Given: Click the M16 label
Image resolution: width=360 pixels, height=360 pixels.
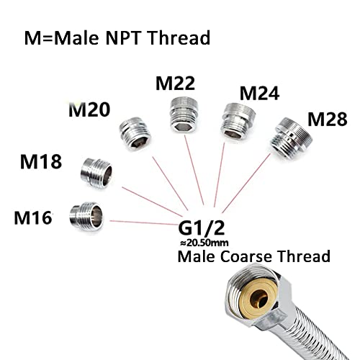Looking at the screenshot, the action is (33, 217).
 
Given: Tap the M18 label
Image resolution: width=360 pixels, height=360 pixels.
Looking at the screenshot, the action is (41, 161).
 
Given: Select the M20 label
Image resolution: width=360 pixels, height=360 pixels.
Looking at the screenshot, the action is (89, 109).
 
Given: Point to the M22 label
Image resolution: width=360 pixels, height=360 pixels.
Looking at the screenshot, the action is (175, 83).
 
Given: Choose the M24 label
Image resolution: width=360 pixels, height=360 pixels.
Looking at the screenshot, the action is (260, 94).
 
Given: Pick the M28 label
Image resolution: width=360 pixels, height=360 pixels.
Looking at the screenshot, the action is (328, 119).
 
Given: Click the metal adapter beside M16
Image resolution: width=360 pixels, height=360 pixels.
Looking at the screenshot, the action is (86, 216).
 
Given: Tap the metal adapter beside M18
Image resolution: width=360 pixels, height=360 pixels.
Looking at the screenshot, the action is (96, 173).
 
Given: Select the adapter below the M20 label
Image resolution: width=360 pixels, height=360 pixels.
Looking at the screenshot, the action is (135, 134).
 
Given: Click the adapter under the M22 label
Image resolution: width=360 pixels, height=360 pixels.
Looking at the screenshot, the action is (184, 114).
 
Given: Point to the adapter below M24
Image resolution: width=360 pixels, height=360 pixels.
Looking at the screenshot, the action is (238, 121).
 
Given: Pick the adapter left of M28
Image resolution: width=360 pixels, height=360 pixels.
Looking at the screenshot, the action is (291, 138).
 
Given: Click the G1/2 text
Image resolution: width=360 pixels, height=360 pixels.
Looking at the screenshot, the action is (202, 228).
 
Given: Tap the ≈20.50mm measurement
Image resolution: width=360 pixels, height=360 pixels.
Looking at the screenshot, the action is (204, 243).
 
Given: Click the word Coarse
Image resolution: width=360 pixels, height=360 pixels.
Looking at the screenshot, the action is (246, 256).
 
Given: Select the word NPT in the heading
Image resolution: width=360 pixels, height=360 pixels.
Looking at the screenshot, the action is (122, 38).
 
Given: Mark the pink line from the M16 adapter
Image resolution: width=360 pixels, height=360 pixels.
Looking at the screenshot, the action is (143, 222).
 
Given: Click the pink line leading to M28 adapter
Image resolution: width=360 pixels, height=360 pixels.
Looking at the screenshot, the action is (246, 183).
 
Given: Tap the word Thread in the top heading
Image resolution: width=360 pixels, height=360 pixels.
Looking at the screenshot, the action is (179, 37).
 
